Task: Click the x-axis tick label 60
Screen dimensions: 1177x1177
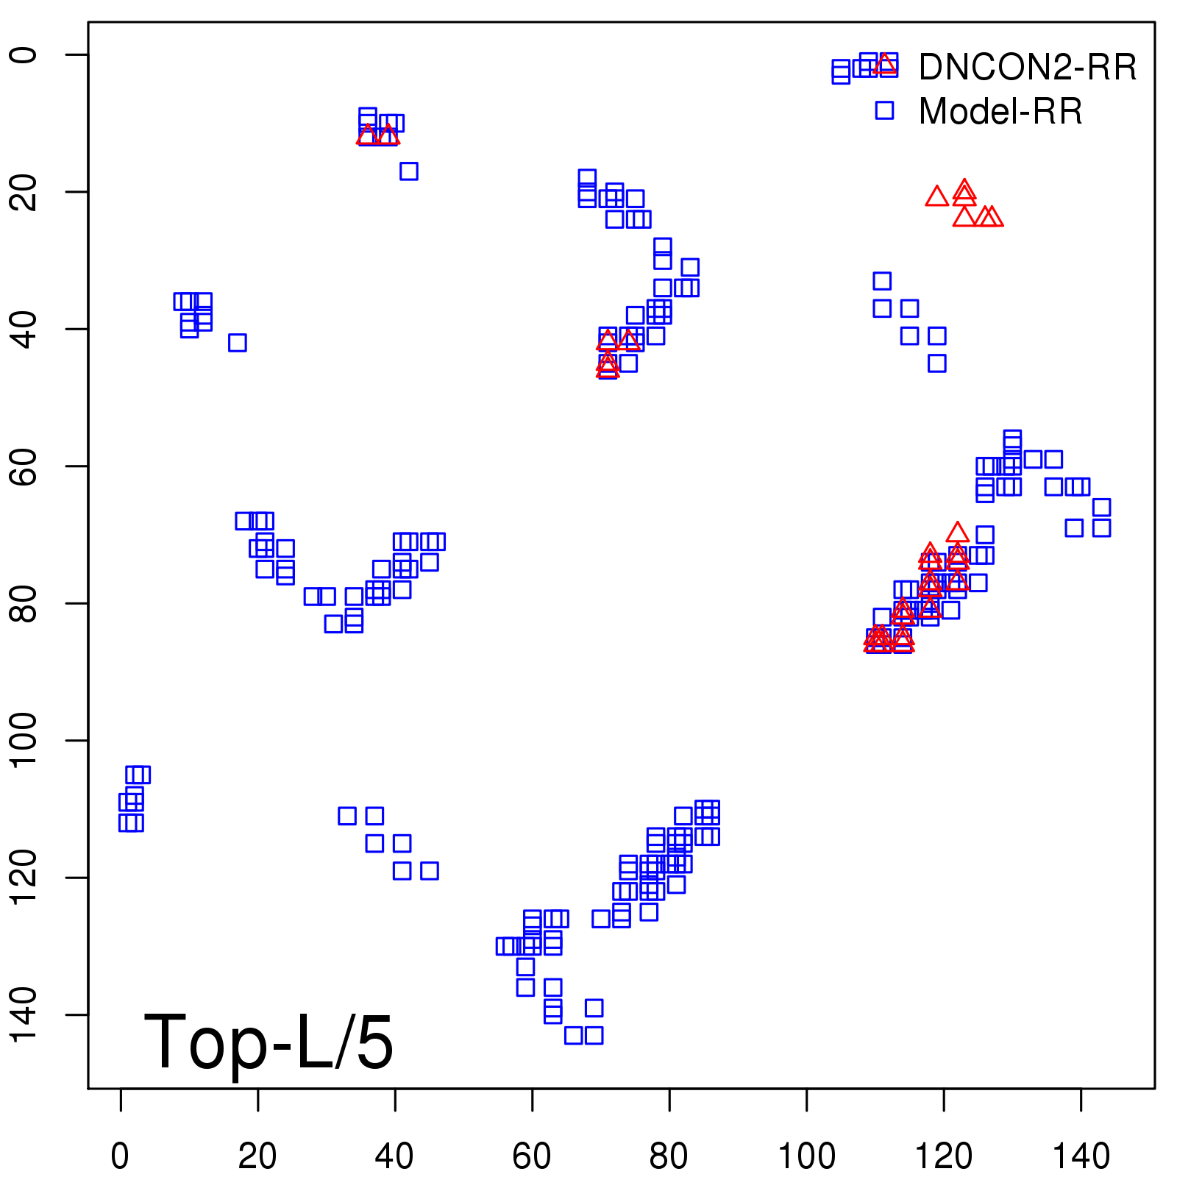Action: (532, 1156)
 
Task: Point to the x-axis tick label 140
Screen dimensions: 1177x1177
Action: (1081, 1156)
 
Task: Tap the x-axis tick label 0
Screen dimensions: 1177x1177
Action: (120, 1156)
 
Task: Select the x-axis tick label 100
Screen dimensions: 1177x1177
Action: (806, 1156)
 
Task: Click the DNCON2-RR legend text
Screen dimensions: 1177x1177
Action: (1027, 68)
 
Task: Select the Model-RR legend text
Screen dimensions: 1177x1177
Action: (1000, 112)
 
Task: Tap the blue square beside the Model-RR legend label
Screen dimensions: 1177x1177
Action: (884, 110)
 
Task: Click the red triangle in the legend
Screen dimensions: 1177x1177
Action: (885, 65)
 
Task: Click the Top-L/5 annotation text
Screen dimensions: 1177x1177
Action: (269, 1042)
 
